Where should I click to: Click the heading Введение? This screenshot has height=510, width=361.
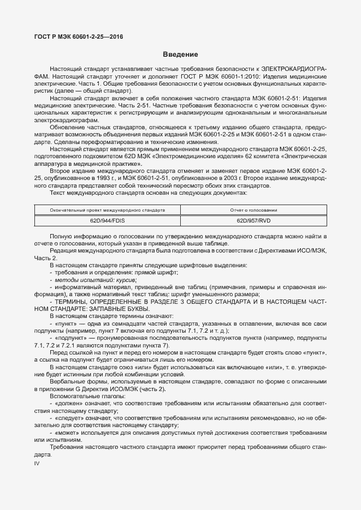pos(180,55)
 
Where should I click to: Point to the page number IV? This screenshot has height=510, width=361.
pos(37,463)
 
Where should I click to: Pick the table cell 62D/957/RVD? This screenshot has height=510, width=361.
pos(257,221)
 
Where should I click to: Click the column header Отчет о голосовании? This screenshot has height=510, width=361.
pos(257,209)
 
